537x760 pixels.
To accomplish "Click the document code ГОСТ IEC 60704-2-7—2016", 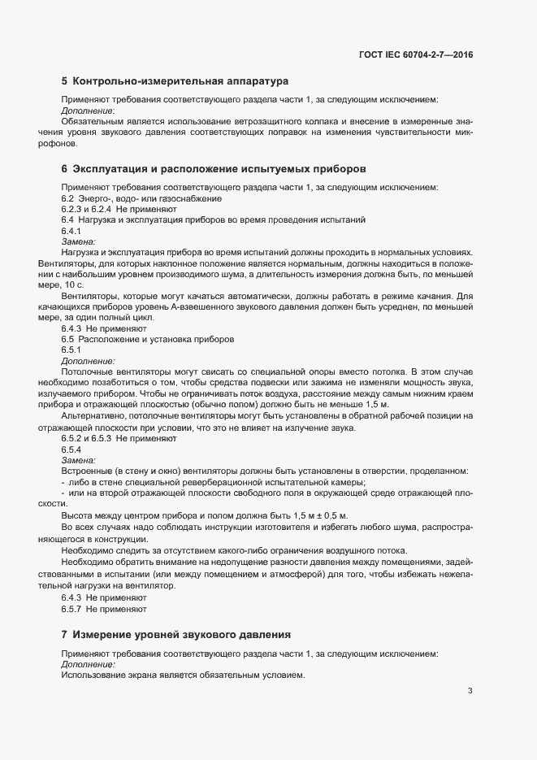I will point(416,54).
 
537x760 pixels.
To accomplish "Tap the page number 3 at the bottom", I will point(470,691).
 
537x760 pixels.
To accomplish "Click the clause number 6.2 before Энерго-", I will point(68,198).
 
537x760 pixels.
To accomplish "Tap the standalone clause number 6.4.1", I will point(71,231).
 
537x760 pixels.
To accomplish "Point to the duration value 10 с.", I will point(72,286).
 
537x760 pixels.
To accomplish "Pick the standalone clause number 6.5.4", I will point(71,449).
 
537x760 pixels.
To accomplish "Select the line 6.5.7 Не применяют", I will point(103,609).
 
